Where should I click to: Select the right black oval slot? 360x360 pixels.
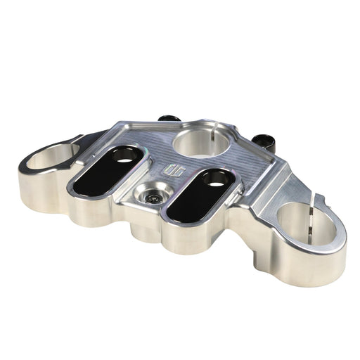(x=199, y=193)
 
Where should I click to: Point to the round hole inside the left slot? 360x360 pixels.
(x=124, y=159)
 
